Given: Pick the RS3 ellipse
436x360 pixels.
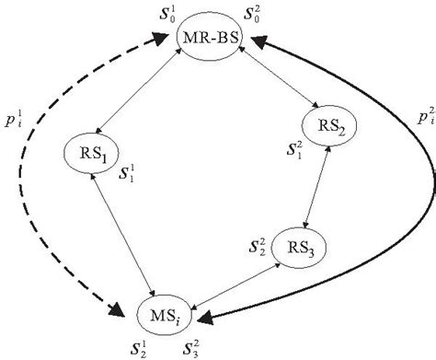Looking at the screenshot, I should tap(304, 250).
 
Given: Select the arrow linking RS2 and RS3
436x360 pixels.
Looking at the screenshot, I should tap(316, 191).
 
